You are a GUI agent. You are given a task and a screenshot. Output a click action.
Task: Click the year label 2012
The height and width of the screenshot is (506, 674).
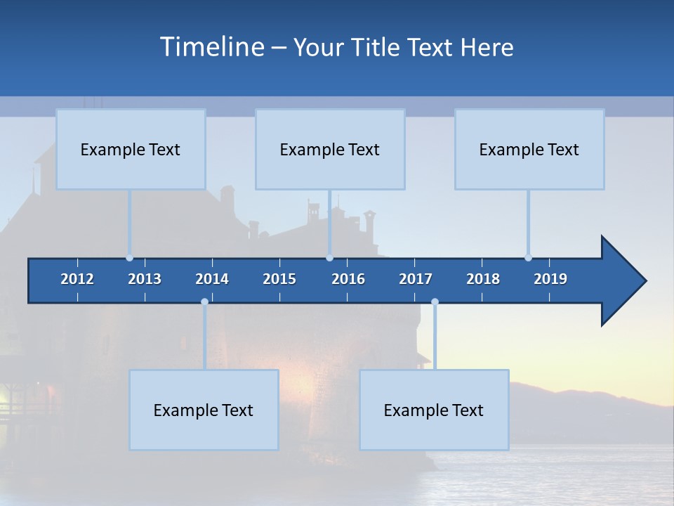coord(77,279)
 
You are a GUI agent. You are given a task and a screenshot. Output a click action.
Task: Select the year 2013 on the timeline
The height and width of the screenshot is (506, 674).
coord(145,279)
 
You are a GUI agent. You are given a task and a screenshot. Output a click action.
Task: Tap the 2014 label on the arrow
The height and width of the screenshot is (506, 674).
coord(212,279)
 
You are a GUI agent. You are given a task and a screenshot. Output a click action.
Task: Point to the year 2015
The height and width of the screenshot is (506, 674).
coord(279,279)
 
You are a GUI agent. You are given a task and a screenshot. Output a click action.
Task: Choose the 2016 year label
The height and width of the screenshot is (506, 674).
coord(348,279)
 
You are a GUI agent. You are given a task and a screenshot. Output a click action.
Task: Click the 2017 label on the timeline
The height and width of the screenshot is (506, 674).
coord(416,279)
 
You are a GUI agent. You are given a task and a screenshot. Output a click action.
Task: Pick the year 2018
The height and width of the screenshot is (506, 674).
coord(483,279)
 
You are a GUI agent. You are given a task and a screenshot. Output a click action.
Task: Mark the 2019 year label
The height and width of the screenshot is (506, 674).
coord(550,279)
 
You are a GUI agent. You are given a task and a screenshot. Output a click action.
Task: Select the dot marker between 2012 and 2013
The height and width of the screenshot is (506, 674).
coord(129,258)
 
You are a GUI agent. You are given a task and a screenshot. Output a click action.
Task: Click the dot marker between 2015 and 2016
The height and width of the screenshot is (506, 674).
coord(330,258)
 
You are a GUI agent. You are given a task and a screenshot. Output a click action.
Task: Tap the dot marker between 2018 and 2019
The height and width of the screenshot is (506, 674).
coord(528,258)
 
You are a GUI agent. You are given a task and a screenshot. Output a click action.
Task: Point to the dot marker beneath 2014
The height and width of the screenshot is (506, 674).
coord(204,302)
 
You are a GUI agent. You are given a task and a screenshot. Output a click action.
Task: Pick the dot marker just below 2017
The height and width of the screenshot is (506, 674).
coord(435,302)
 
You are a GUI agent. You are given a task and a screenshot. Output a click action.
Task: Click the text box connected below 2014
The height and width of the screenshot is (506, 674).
coord(204,410)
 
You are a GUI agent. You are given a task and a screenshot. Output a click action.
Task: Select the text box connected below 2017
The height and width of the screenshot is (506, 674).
coord(434,410)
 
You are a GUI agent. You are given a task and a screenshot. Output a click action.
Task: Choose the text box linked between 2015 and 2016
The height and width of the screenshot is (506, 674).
coord(330,149)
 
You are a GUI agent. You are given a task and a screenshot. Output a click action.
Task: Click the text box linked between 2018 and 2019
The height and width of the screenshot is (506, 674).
coord(529,149)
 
